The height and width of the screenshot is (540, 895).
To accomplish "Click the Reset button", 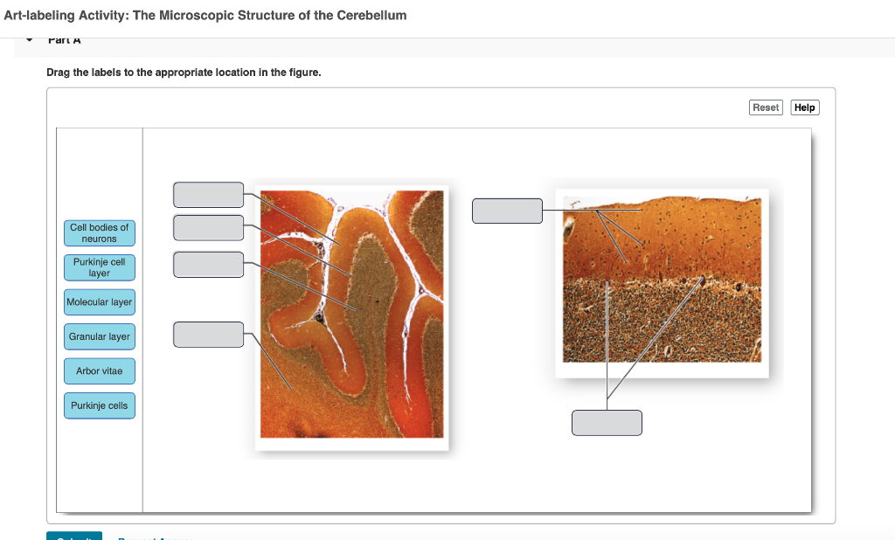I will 765,107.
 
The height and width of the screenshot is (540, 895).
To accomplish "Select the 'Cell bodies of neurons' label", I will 100,233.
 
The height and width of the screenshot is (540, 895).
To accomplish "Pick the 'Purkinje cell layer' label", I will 100,267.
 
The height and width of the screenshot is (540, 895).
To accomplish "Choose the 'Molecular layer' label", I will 100,302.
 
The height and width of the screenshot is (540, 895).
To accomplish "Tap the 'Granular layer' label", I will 100,336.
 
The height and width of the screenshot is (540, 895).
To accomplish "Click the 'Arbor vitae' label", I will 100,371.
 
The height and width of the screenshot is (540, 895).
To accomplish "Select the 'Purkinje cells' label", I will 100,405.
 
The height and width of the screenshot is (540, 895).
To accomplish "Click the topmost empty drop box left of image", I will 208,195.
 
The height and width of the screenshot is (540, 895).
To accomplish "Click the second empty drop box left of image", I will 208,227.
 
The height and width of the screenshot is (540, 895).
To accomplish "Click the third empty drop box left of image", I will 208,264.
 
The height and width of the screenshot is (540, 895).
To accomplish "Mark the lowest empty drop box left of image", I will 208,334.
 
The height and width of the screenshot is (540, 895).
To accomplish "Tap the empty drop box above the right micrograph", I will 507,211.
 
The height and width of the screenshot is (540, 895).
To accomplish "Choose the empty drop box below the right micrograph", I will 607,422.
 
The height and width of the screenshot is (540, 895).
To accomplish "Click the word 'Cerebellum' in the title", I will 371,16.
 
